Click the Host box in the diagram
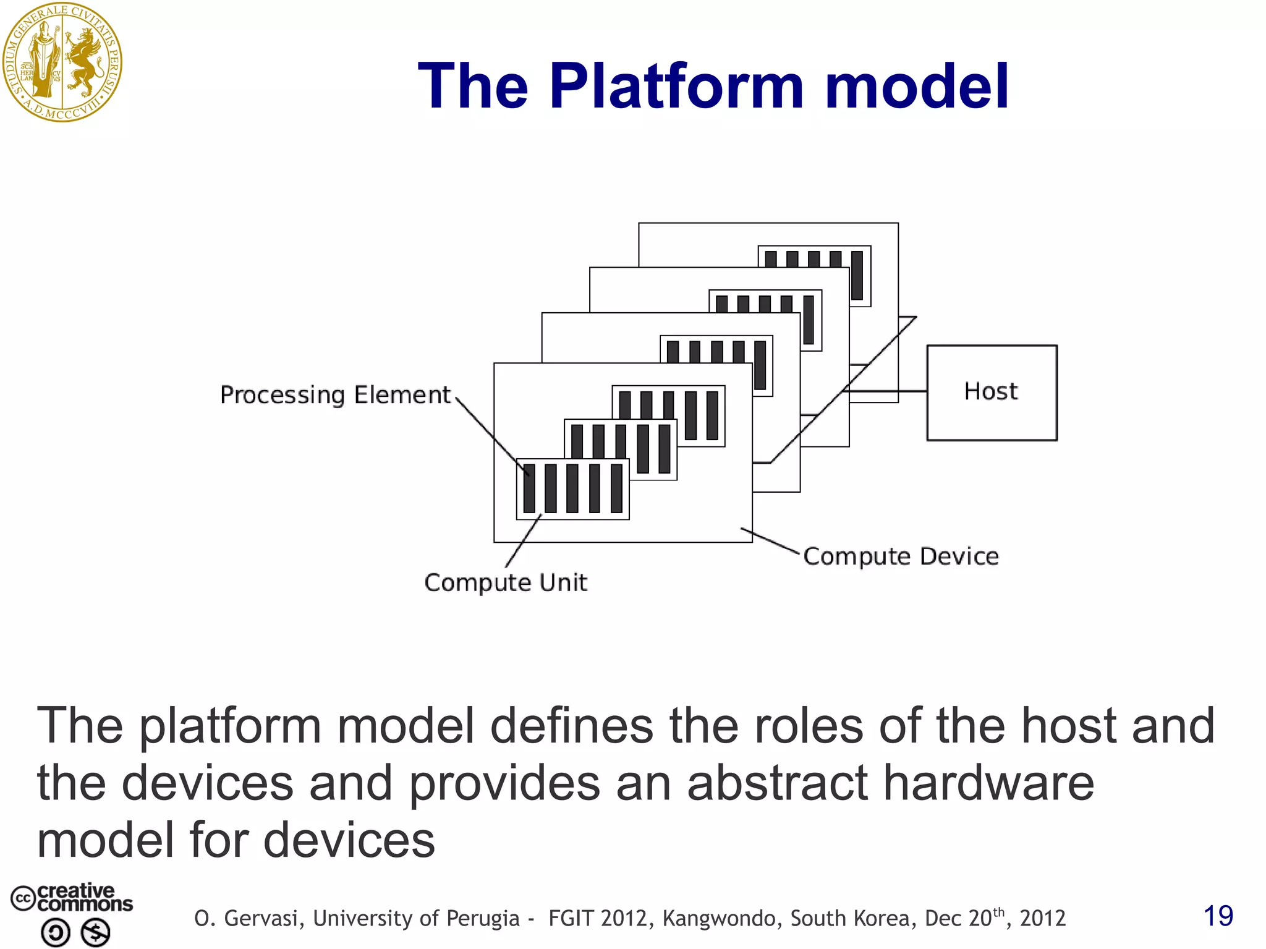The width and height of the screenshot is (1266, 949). (x=992, y=393)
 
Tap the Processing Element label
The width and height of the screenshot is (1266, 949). (x=335, y=395)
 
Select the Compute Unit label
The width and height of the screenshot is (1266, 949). (x=505, y=582)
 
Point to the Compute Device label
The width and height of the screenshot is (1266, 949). (x=901, y=556)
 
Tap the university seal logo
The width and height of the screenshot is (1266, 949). (x=62, y=62)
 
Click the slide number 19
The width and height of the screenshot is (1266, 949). (x=1218, y=916)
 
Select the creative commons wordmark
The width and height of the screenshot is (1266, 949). (x=84, y=898)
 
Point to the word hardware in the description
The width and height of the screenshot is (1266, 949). (x=988, y=783)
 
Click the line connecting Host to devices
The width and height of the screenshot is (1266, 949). (x=888, y=391)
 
